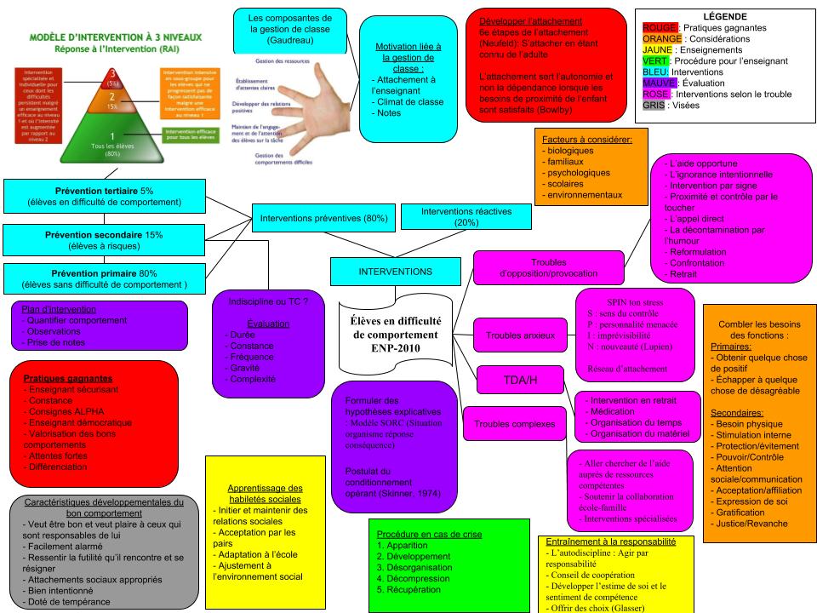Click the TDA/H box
pyautogui.click(x=521, y=379)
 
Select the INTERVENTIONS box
pyautogui.click(x=395, y=272)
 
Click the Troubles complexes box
pyautogui.click(x=514, y=423)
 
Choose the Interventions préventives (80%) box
pyautogui.click(x=324, y=219)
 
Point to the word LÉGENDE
pyautogui.click(x=725, y=16)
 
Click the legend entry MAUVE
pyautogui.click(x=659, y=83)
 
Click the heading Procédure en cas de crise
pyautogui.click(x=429, y=534)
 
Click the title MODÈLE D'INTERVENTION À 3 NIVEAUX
pyautogui.click(x=107, y=37)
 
